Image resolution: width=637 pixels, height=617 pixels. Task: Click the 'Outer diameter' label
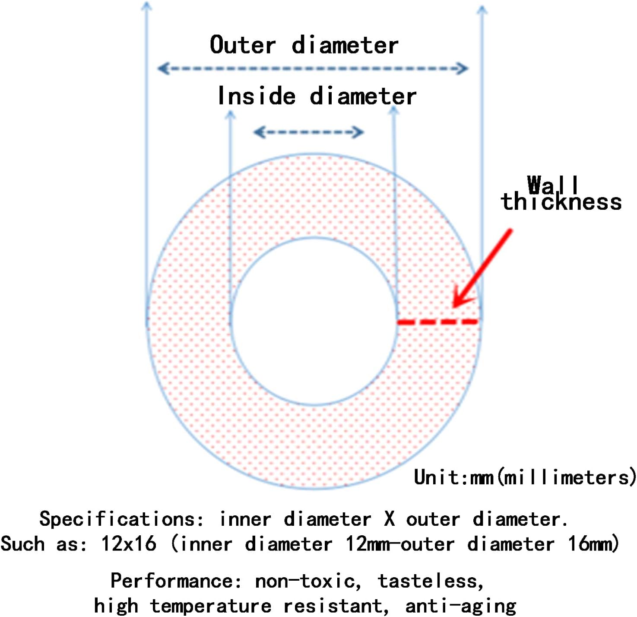click(x=304, y=45)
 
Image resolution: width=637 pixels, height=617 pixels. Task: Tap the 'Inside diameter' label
click(x=317, y=96)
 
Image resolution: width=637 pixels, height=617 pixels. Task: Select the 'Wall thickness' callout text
click(x=561, y=195)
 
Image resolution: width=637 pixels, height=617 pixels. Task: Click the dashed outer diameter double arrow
click(x=313, y=68)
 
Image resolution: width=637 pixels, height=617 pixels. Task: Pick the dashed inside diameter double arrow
click(x=309, y=132)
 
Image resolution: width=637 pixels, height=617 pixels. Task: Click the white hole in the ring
click(x=314, y=322)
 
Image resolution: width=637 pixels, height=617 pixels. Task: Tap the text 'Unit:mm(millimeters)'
click(x=525, y=477)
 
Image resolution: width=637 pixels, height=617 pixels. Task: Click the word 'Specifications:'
click(x=121, y=519)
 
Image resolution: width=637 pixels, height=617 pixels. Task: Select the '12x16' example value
click(x=128, y=543)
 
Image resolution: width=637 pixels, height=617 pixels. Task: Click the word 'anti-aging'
click(x=460, y=606)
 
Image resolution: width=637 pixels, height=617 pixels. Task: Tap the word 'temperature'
click(x=210, y=606)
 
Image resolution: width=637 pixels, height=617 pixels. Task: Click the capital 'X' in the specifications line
click(x=389, y=519)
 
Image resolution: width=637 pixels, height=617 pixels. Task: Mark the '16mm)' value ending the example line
click(x=593, y=543)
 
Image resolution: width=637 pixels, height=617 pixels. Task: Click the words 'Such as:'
click(x=43, y=543)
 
